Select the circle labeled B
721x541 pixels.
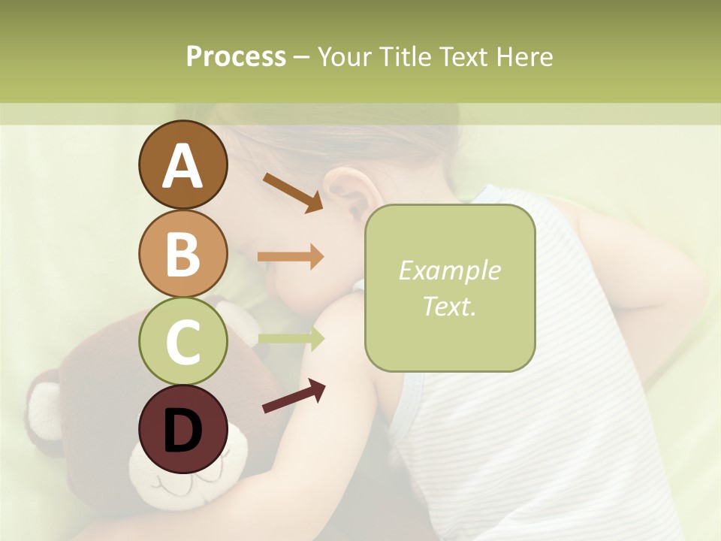coord(183,253)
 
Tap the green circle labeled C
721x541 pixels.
coord(183,341)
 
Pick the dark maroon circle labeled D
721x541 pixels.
coord(183,430)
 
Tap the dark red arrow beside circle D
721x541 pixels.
coord(294,396)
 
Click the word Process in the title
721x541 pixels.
coord(236,56)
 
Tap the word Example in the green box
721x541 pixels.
coord(449,270)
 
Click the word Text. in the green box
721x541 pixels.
coord(449,306)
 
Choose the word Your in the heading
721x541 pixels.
coord(345,56)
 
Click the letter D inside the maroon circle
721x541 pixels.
coord(183,431)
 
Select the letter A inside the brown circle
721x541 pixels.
coord(183,166)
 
